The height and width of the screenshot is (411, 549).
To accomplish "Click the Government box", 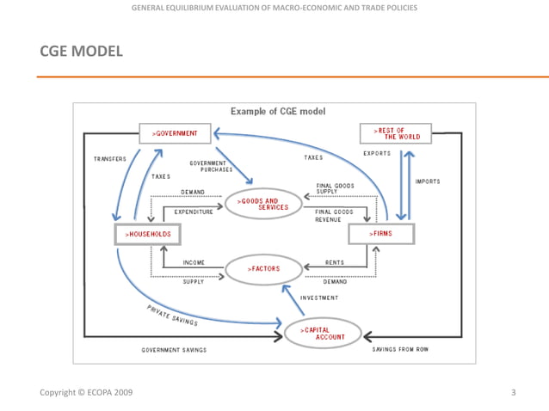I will (175, 134).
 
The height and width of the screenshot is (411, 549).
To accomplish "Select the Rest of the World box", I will (395, 133).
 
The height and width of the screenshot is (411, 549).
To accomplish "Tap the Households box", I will (147, 234).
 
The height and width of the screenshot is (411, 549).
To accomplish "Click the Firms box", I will (381, 234).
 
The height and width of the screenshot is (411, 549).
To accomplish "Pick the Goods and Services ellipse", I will (263, 204).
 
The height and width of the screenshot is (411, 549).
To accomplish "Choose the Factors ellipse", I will (263, 269).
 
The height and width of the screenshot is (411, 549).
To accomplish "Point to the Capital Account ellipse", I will (322, 333).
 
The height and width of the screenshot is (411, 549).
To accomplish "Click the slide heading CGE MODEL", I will (82, 52).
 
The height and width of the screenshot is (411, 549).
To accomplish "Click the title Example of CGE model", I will (277, 112).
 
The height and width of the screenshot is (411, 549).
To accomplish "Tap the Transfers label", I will (110, 159).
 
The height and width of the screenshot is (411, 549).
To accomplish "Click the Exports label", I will (377, 154).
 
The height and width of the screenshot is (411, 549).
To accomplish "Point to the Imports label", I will (428, 181).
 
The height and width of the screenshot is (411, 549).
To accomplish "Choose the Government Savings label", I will (174, 350).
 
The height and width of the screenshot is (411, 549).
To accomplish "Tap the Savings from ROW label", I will (401, 350).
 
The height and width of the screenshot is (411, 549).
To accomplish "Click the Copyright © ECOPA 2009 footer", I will (86, 392).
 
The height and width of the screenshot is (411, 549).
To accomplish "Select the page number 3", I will (513, 392).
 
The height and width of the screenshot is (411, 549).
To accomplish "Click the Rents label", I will (335, 262).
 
